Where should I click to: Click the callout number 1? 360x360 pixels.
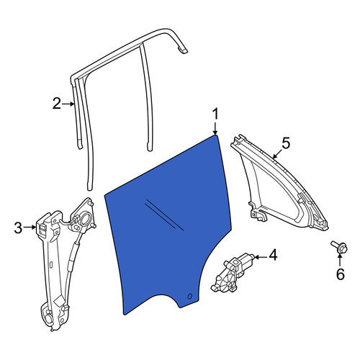click(x=216, y=114)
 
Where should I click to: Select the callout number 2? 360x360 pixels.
click(x=57, y=104)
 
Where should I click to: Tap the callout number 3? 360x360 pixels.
click(x=18, y=228)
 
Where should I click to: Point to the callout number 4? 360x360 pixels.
click(x=273, y=255)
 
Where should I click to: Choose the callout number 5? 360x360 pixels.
click(x=286, y=143)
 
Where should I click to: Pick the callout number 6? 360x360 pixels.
click(x=341, y=274)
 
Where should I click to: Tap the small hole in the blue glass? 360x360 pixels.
click(x=189, y=297)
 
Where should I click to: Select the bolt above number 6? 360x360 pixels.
click(x=339, y=247)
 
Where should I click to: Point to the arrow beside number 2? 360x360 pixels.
click(x=68, y=104)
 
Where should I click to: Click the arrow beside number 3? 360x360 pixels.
click(x=30, y=228)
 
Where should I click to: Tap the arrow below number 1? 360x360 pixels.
click(x=215, y=128)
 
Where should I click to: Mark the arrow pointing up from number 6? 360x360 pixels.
click(x=340, y=260)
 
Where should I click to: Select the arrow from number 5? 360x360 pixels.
click(x=278, y=153)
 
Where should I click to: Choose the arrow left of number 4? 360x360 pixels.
click(x=261, y=257)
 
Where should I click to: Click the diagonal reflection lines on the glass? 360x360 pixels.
click(x=164, y=215)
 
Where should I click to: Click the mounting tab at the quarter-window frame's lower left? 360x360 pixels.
click(x=257, y=213)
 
